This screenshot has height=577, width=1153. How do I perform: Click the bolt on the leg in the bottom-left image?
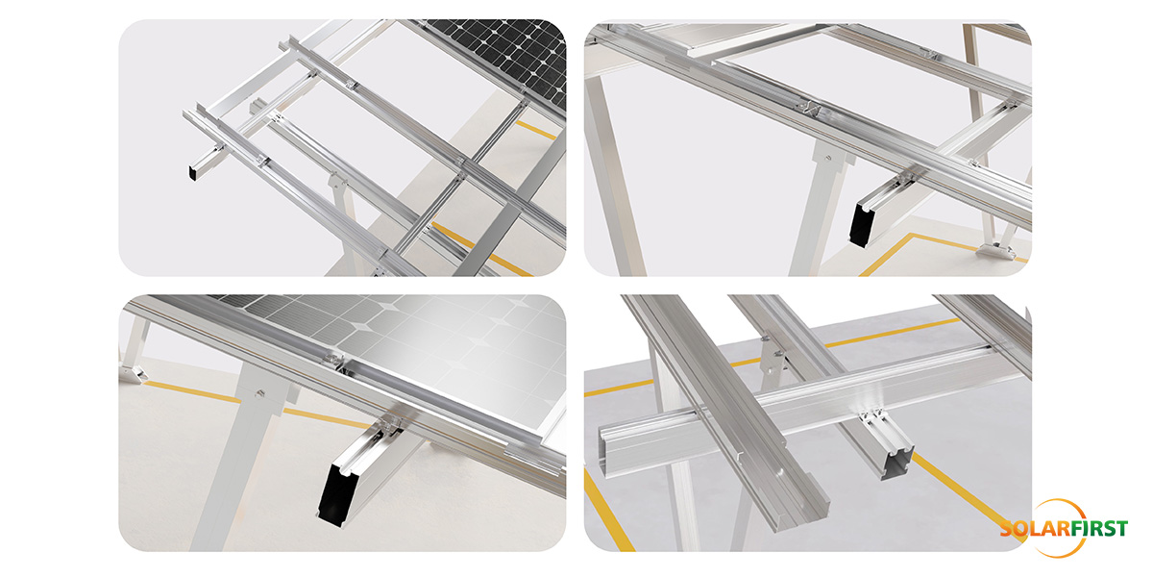click(x=260, y=391)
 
